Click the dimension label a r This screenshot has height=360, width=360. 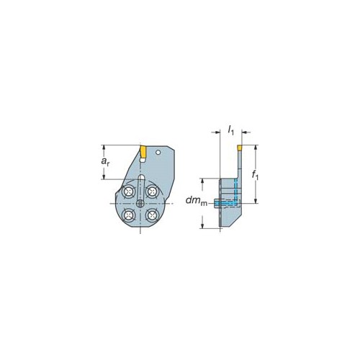pos(105,162)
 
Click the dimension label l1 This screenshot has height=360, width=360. pos(230,131)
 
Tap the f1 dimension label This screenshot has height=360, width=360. pos(256,175)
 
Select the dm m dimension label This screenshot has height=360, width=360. pos(197,201)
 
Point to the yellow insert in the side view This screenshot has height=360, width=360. pos(240,147)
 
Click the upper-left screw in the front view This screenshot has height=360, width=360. pos(128,192)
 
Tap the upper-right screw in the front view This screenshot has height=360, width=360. pos(152,192)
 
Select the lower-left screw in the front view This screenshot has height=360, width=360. pos(128,215)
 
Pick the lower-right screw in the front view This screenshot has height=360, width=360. pos(152,215)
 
